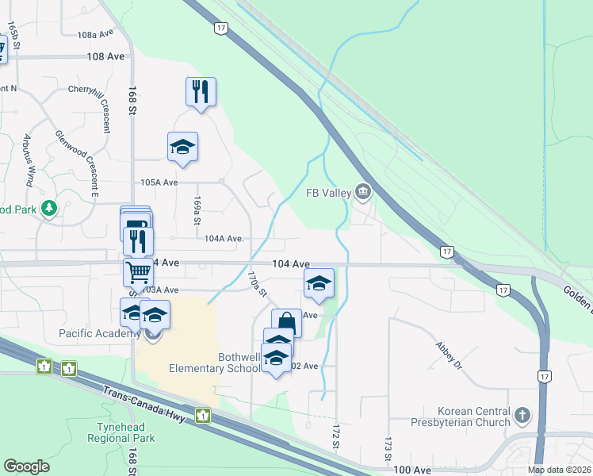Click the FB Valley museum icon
click(x=364, y=191)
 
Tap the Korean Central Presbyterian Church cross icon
click(x=522, y=415)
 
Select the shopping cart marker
click(x=139, y=271)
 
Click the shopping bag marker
click(x=286, y=322)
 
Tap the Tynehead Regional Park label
click(x=121, y=432)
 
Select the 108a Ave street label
click(x=96, y=35)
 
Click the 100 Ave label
click(x=411, y=470)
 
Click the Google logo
click(x=26, y=466)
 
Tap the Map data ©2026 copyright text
click(x=559, y=470)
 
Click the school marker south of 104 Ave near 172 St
click(x=319, y=283)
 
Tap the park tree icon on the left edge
click(x=50, y=209)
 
